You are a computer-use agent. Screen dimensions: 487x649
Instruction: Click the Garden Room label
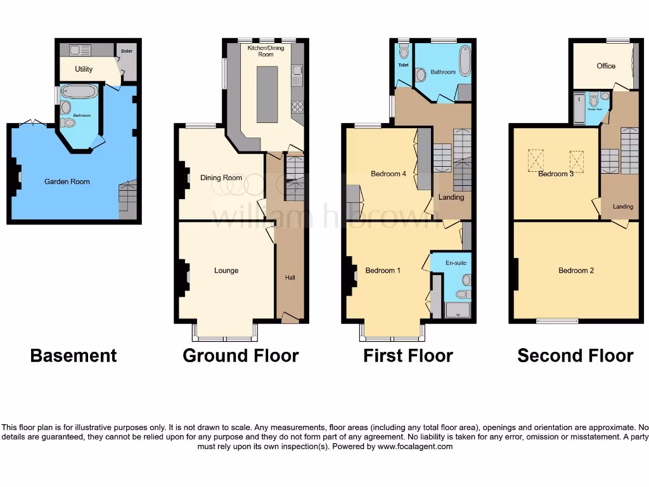click(x=67, y=181)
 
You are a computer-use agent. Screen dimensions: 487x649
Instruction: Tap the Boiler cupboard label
click(x=127, y=51)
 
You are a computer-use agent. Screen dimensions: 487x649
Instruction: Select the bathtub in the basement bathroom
click(x=79, y=93)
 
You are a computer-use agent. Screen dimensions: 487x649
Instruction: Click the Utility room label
click(x=84, y=68)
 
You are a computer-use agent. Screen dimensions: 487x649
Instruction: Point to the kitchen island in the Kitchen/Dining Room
click(x=267, y=94)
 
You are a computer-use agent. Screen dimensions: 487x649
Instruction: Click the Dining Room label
click(x=221, y=178)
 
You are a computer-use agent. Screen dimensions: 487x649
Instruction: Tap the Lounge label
click(x=226, y=271)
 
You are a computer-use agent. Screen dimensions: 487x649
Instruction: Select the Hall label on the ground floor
click(x=290, y=277)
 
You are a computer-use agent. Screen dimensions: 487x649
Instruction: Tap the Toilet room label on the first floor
click(x=403, y=65)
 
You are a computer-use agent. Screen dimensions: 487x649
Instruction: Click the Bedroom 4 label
click(x=388, y=174)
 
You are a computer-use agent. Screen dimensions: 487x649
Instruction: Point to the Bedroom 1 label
click(x=383, y=271)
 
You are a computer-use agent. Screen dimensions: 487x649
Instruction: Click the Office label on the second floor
click(x=606, y=66)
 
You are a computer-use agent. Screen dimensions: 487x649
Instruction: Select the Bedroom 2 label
click(x=576, y=271)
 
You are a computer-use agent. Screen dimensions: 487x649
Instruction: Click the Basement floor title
click(x=74, y=356)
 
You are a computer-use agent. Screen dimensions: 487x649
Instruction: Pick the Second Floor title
click(x=575, y=356)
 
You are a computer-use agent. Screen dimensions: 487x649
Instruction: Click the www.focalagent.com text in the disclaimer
click(x=416, y=446)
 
